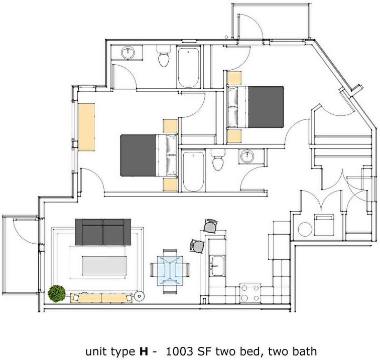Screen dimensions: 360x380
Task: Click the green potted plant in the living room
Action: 57,293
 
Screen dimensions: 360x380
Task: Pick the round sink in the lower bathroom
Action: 247,156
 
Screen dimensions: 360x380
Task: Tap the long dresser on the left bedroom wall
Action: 86,126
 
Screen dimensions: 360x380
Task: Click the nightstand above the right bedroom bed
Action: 233,78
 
